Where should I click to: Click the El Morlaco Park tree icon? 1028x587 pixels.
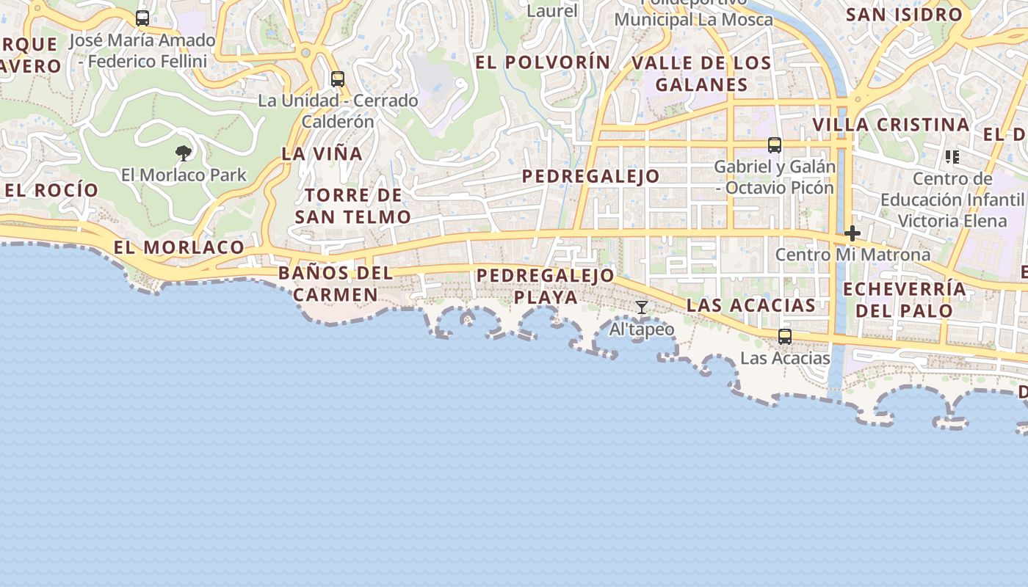(x=184, y=153)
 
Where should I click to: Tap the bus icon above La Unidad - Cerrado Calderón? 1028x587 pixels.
(x=338, y=79)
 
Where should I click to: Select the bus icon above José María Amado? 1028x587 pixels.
(x=142, y=18)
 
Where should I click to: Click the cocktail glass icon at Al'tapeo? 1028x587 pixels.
(x=642, y=307)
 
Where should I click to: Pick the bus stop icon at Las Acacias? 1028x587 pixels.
(x=785, y=337)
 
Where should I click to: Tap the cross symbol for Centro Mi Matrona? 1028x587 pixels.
(x=853, y=234)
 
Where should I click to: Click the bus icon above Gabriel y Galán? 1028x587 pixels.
(x=775, y=145)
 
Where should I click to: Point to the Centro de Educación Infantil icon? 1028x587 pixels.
(x=952, y=156)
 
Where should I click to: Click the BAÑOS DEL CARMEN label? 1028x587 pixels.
(x=336, y=284)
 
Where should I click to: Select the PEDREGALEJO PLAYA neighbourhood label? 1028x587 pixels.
(x=546, y=286)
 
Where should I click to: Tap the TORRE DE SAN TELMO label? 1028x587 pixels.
(x=353, y=206)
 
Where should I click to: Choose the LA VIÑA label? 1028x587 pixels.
(x=322, y=154)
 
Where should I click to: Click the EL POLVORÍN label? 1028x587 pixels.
(x=543, y=62)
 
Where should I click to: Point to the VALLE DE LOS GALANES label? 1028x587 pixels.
(x=701, y=73)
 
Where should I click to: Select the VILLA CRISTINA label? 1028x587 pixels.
(x=891, y=125)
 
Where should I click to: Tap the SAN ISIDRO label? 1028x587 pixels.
(x=904, y=15)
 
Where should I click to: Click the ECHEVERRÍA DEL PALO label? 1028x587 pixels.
(x=905, y=299)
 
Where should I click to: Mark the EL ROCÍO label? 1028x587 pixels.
(x=51, y=190)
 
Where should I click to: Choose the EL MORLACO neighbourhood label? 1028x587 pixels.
(x=179, y=247)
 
